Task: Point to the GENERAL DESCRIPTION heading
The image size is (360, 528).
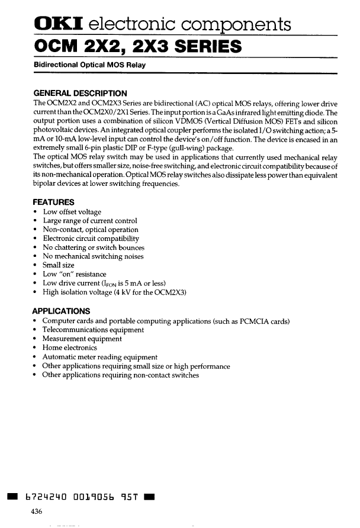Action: tap(80, 93)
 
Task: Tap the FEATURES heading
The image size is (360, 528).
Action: tap(53, 202)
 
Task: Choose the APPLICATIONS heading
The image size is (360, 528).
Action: tap(62, 311)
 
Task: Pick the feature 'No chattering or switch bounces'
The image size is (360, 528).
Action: tap(94, 247)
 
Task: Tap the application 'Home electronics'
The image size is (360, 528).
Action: tap(69, 348)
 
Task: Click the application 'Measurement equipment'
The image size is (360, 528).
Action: tap(82, 339)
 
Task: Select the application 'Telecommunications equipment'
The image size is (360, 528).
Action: tap(93, 330)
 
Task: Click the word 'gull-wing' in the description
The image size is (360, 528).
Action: tap(156, 148)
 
